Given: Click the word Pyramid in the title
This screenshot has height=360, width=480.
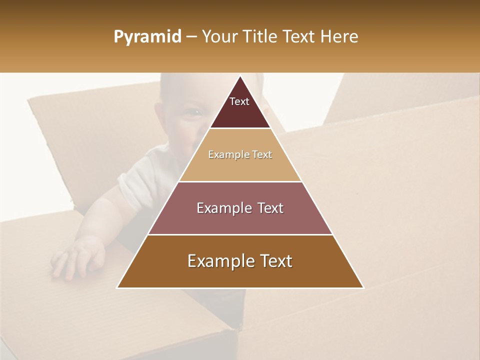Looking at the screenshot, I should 147,37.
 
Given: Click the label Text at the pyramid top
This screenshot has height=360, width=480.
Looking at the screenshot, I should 239,101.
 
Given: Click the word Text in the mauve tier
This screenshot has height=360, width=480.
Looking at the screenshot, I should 268,208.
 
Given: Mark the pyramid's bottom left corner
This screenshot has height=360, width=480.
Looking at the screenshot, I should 117,287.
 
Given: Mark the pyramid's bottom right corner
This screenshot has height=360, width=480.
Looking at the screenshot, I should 363,287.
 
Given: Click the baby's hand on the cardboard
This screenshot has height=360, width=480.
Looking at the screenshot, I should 77,257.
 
